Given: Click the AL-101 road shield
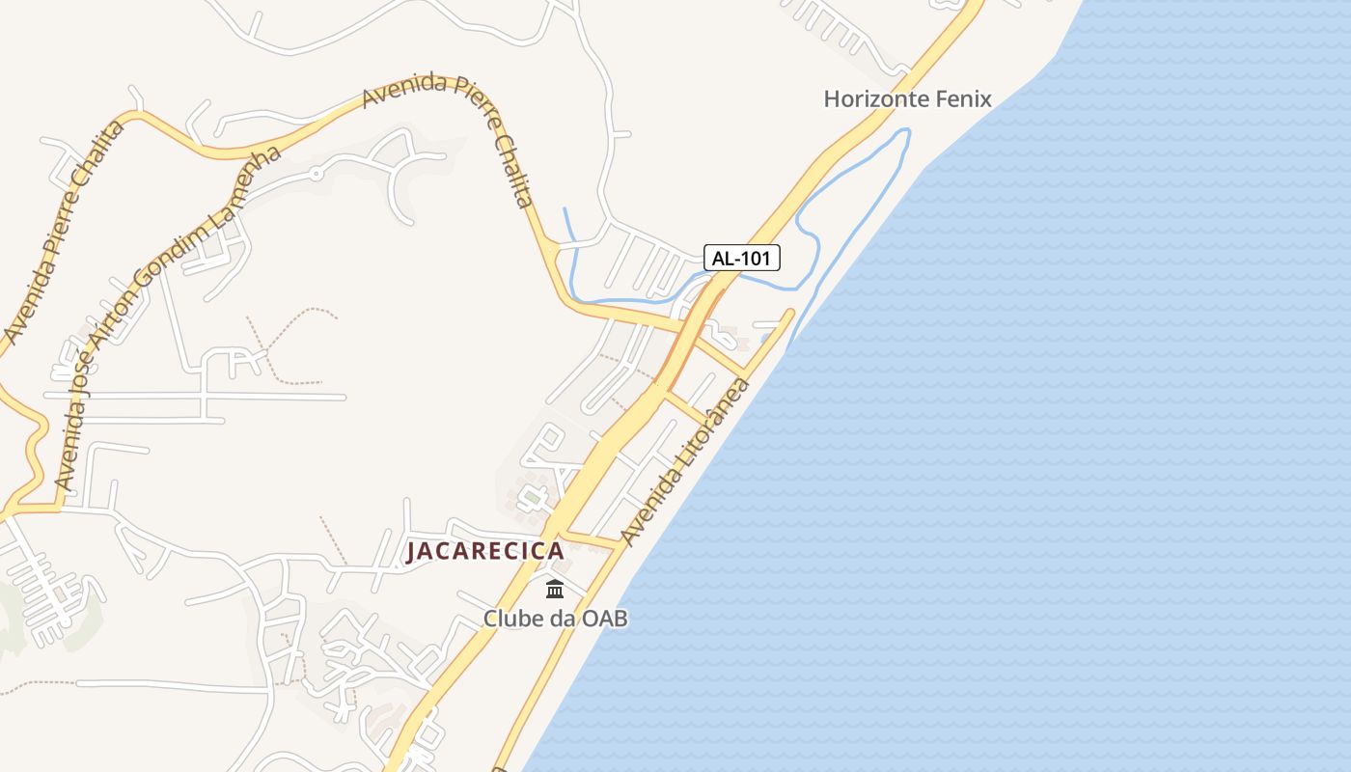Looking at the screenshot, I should [741, 258].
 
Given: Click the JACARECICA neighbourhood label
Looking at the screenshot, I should [484, 551].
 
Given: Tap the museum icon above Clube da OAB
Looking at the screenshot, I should [555, 589].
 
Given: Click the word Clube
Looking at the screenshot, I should [512, 619].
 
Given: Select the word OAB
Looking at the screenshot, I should [604, 619].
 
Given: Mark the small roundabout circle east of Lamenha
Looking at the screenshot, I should [315, 175].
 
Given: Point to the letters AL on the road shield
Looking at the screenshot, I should [723, 258].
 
